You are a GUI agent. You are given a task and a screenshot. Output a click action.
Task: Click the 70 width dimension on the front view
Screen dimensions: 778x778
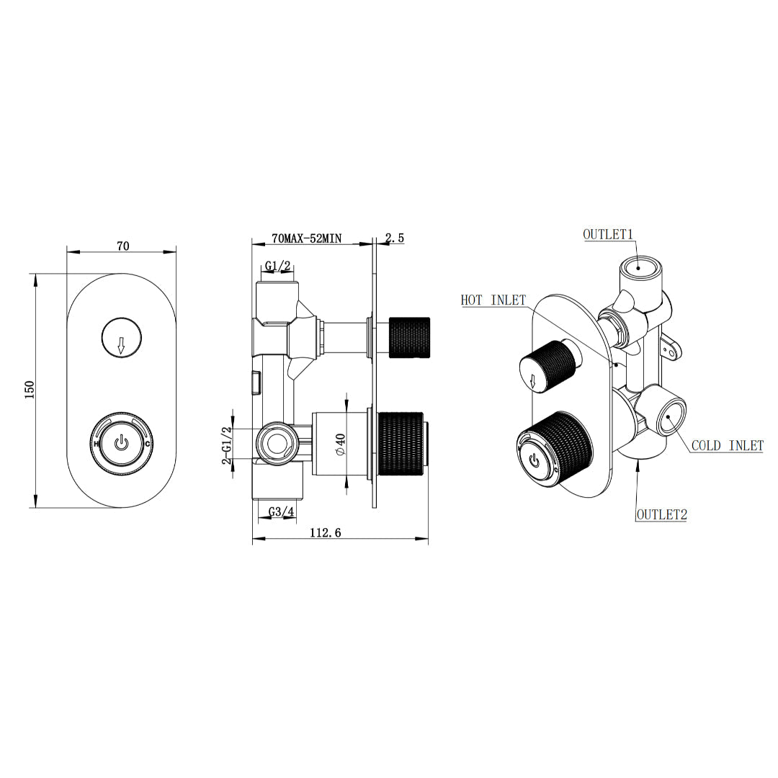(122, 246)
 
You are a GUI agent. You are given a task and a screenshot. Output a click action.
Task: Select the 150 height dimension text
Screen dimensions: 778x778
(30, 390)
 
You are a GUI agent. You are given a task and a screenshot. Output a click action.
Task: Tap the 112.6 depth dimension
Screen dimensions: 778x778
(325, 532)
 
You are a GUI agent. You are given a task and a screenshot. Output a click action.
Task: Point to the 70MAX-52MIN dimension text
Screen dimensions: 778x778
(306, 238)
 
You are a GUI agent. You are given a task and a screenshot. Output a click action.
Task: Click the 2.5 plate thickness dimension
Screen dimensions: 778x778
(396, 238)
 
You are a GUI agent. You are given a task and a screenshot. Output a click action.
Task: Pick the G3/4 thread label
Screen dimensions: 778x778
(281, 512)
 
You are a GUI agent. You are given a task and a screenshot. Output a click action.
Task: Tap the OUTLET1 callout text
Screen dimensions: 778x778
(607, 235)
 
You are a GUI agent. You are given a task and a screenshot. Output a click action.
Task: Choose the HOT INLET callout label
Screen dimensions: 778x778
(493, 300)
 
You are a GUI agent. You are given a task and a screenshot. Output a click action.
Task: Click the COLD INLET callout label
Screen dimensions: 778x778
(727, 446)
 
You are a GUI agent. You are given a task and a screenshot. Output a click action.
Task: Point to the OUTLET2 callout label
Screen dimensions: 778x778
(661, 514)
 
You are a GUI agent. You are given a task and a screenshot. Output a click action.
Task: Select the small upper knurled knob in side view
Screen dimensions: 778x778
(409, 336)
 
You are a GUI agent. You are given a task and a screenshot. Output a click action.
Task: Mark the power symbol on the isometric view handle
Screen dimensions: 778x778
(534, 458)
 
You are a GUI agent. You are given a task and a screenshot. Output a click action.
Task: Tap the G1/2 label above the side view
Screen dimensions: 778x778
(277, 267)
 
